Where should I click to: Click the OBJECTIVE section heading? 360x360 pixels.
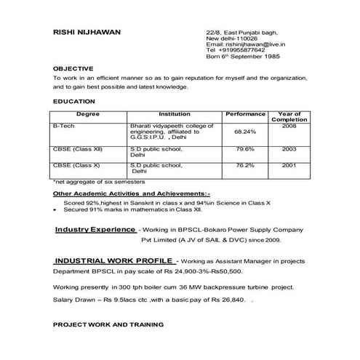pos(73,68)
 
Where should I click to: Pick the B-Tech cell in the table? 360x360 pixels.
pos(63,126)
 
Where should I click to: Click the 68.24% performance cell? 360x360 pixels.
pos(245,132)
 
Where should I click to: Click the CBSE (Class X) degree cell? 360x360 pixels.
pos(76,165)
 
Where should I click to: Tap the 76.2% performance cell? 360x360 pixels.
pos(245,165)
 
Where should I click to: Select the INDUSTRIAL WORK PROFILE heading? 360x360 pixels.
pos(113,260)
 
